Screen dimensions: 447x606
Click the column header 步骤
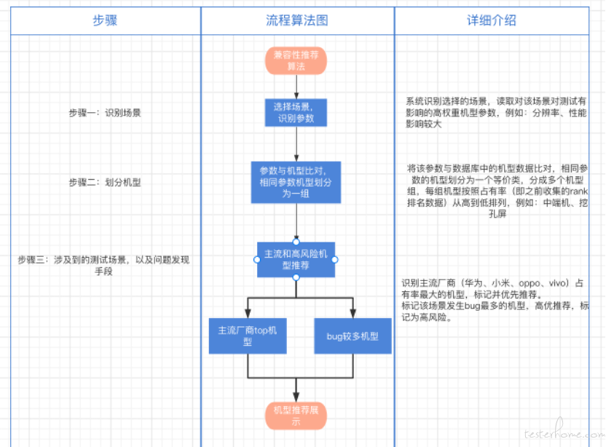pyautogui.click(x=106, y=20)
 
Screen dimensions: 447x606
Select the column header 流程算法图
pyautogui.click(x=297, y=20)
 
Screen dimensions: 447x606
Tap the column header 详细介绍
pyautogui.click(x=492, y=20)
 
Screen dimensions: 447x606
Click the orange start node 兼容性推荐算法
pyautogui.click(x=296, y=60)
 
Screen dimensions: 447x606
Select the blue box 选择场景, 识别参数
pyautogui.click(x=296, y=112)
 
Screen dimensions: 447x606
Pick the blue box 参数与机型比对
pyautogui.click(x=296, y=182)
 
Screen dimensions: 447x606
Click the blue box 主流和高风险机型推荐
pyautogui.click(x=296, y=260)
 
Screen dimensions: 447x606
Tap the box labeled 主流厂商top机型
pyautogui.click(x=248, y=336)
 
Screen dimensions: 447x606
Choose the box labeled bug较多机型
pyautogui.click(x=353, y=336)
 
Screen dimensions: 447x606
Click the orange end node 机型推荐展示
pyautogui.click(x=296, y=414)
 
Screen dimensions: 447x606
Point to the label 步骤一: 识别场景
pyautogui.click(x=105, y=113)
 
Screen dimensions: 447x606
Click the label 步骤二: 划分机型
pyautogui.click(x=105, y=182)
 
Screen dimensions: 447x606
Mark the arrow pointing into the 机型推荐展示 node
pyautogui.click(x=296, y=389)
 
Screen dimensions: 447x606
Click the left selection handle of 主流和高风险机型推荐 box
pyautogui.click(x=256, y=260)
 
